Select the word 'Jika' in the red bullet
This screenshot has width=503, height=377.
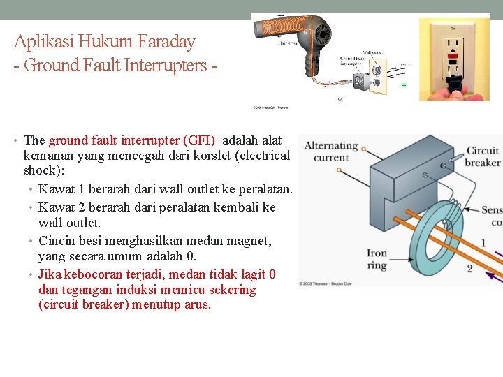[x=50, y=274]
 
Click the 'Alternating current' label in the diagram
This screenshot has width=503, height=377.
[x=331, y=151]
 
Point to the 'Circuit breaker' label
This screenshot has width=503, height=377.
[x=483, y=156]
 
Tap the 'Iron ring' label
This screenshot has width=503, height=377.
[x=377, y=259]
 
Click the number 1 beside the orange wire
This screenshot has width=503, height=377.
[x=482, y=244]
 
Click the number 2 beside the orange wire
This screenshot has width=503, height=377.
[x=469, y=268]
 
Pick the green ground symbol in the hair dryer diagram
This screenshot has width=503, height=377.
[x=403, y=82]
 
